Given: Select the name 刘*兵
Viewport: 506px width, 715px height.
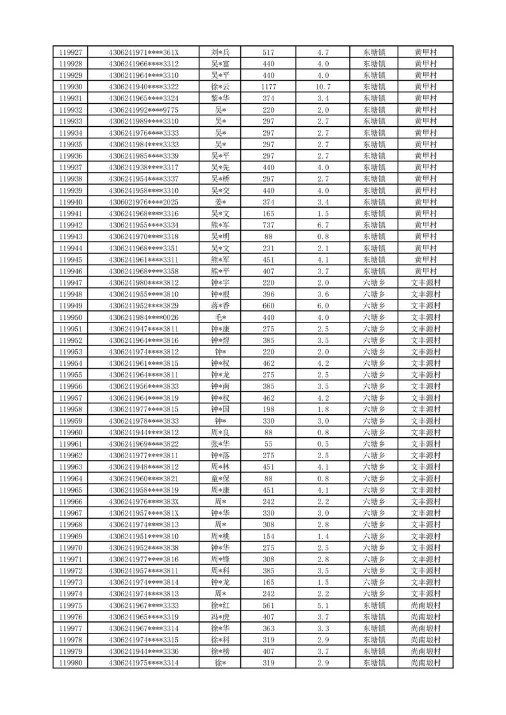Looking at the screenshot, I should click(220, 52).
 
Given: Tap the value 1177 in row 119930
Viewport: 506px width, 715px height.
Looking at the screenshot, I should click(268, 87).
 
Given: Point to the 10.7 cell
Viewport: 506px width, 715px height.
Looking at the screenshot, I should click(322, 87).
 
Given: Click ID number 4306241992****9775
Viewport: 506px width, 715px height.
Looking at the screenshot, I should click(144, 110).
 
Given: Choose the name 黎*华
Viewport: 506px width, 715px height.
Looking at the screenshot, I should click(220, 98).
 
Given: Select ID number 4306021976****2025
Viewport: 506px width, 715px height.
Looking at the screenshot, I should click(144, 202).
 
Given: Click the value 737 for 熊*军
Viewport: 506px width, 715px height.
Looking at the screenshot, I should click(268, 225).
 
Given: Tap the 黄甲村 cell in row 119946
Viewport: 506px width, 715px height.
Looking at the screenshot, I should click(425, 271).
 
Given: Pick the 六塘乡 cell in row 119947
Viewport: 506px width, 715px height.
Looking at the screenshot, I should click(374, 282).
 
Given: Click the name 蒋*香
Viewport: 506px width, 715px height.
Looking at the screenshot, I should click(220, 305).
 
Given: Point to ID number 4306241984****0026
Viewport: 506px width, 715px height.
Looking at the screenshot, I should click(144, 317).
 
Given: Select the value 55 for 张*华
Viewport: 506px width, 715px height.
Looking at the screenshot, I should click(268, 444).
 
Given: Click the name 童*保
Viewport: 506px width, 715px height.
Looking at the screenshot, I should click(220, 479).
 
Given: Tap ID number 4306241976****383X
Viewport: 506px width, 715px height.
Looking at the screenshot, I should click(144, 502).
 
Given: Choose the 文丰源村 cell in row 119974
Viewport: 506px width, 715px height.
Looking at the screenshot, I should click(425, 593).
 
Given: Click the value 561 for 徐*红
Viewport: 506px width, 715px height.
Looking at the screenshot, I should click(268, 605).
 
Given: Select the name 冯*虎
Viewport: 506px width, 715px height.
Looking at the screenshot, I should click(220, 617).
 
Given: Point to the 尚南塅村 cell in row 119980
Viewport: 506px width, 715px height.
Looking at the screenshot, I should click(425, 663).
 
